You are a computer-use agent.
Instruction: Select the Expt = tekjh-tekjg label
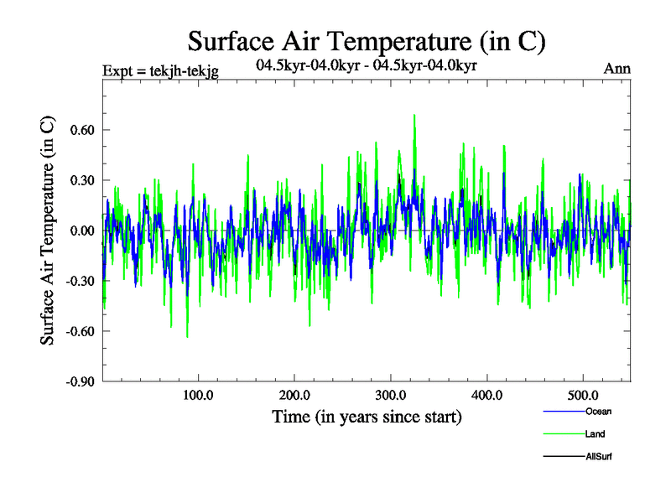[160, 71]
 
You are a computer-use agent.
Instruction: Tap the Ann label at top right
[617, 69]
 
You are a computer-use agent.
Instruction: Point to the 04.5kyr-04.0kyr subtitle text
[367, 65]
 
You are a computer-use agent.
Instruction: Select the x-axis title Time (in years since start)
[367, 417]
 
